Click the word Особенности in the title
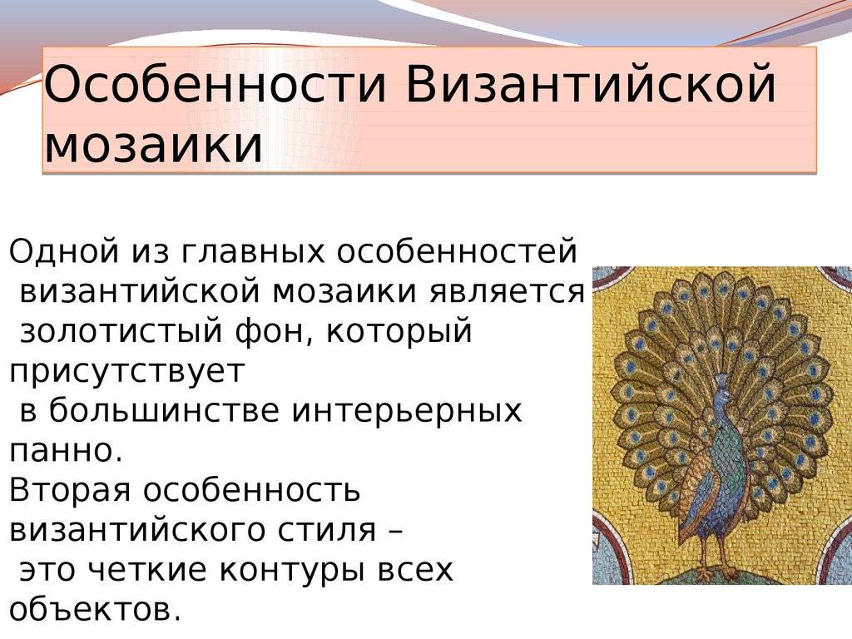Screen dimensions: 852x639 [215, 84]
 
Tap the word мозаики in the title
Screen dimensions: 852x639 [153, 146]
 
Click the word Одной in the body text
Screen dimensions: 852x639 [64, 251]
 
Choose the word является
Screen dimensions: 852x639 [508, 292]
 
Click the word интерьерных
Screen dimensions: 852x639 [407, 411]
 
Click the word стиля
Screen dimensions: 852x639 [328, 530]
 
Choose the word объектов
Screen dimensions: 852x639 [95, 609]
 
